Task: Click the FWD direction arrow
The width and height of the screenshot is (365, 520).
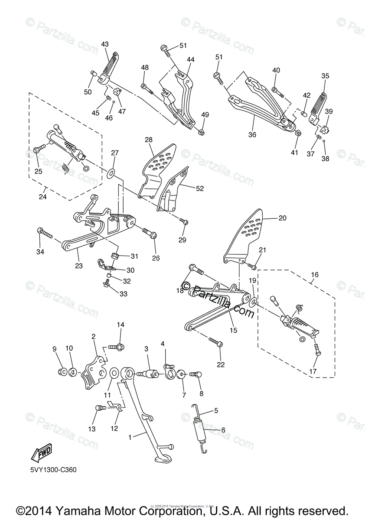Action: (39, 454)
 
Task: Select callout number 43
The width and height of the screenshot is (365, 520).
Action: (105, 44)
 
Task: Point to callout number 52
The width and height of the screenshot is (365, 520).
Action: (199, 188)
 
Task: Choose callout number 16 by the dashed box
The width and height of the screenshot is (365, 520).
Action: (314, 275)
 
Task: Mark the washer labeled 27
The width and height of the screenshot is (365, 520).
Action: (111, 174)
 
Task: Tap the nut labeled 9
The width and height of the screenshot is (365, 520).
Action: (62, 371)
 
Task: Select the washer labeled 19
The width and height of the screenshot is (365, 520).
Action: (254, 300)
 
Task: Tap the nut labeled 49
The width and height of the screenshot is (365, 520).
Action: (202, 131)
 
